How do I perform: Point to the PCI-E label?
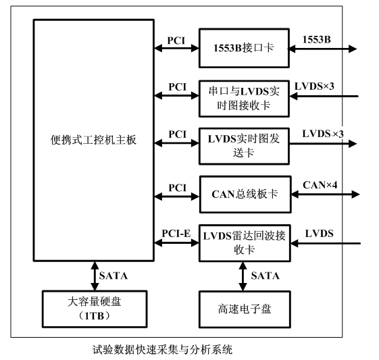coord(176,232)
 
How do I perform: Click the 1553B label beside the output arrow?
coord(317,39)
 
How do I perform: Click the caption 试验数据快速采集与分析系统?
coord(163,350)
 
